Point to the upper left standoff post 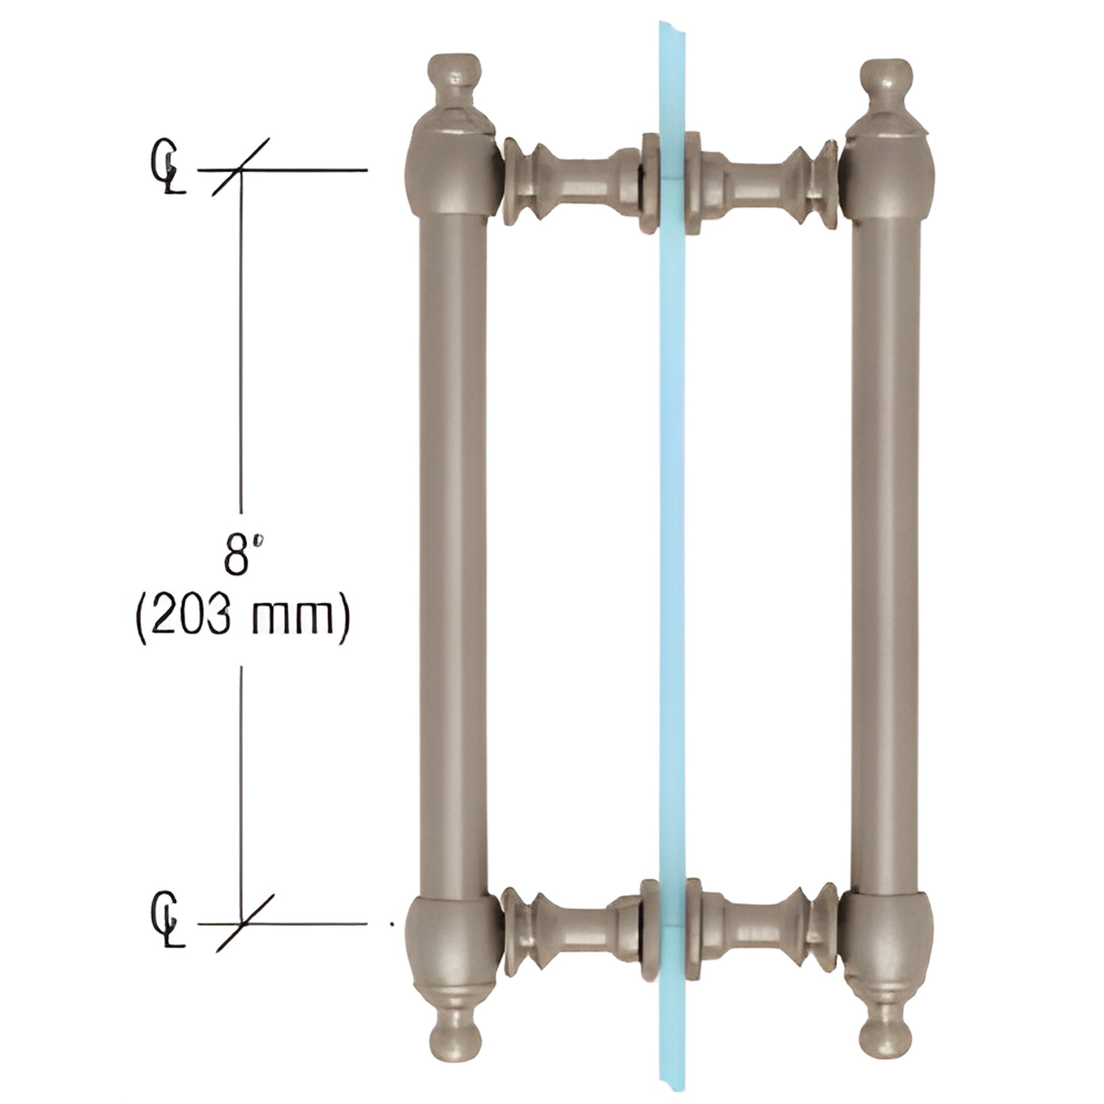571,183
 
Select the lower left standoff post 571,929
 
